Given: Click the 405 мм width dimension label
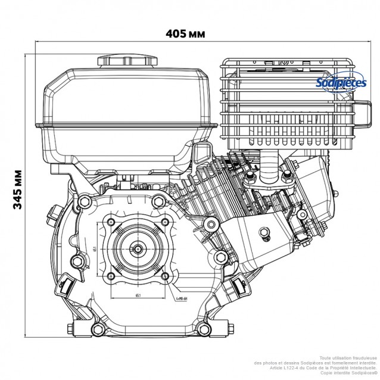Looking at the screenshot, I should (185, 33).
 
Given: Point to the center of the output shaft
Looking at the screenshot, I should (137, 250).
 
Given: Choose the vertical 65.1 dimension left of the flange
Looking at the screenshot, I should (95, 250).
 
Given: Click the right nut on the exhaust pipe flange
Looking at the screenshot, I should (286, 177).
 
